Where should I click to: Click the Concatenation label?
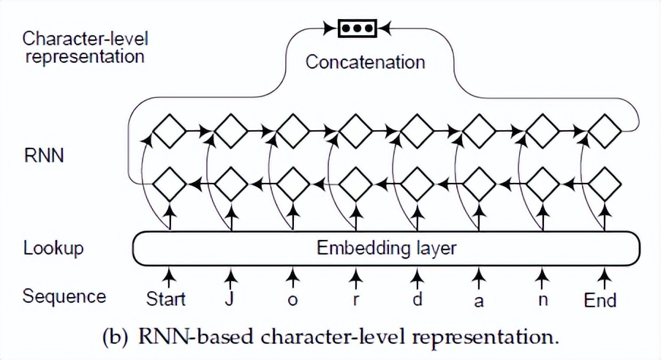tap(365, 61)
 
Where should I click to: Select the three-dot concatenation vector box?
tap(356, 29)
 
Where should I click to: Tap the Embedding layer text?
tap(386, 247)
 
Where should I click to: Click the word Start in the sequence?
tap(166, 299)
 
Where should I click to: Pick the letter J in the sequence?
tap(230, 299)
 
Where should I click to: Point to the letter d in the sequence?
tap(417, 299)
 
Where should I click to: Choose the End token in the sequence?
tap(600, 299)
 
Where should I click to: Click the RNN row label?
tap(44, 155)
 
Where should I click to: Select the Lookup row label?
tap(53, 248)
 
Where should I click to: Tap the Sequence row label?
tap(64, 296)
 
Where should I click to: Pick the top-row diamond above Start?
tap(170, 132)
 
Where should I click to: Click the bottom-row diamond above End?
tap(605, 184)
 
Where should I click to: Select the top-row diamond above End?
tap(605, 132)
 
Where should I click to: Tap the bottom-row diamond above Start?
tap(170, 184)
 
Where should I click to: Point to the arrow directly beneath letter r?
tap(355, 277)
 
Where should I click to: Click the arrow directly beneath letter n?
tap(542, 277)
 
